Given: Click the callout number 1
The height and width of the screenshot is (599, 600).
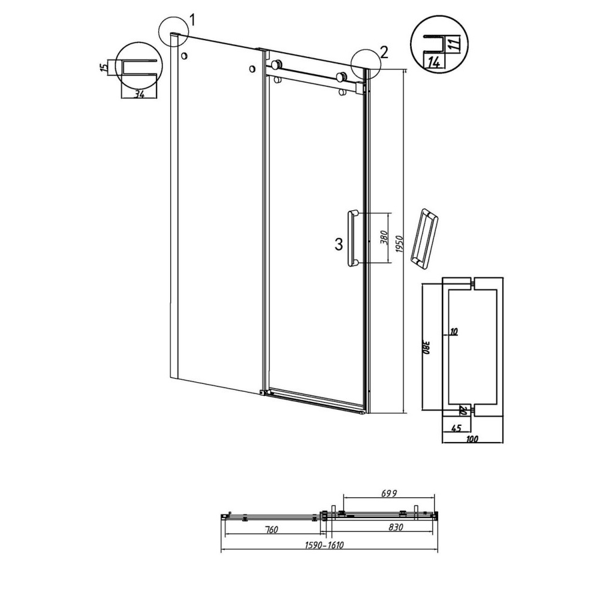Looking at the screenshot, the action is coord(192,20).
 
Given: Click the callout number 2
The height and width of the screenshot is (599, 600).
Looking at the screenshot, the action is coord(384,52).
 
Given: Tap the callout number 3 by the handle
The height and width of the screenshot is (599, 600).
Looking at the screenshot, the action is coord(339,244).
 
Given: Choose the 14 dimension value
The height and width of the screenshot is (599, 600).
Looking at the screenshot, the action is coord(435,62).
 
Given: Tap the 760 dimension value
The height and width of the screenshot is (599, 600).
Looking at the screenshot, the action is coord(272,530).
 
